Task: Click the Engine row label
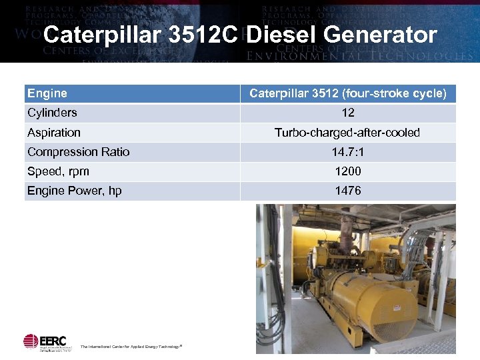[47, 93]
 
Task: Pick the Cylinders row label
[52, 113]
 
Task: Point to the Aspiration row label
[54, 133]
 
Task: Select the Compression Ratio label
[79, 152]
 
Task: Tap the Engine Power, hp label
[75, 191]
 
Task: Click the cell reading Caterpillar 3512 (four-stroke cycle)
[348, 93]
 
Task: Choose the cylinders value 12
[348, 113]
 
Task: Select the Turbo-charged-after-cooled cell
[348, 133]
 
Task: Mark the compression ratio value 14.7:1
[348, 152]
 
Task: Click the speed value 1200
[348, 171]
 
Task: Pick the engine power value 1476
[348, 191]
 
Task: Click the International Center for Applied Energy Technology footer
[131, 347]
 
